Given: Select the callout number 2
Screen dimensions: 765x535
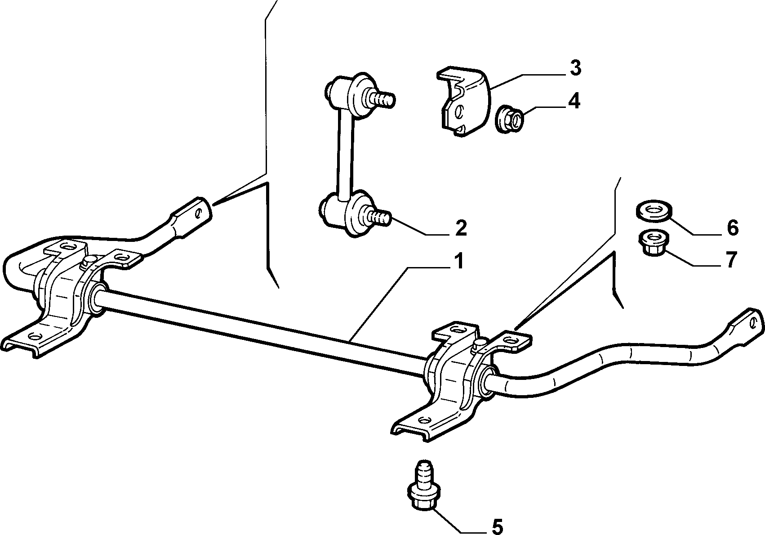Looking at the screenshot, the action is click(x=460, y=228).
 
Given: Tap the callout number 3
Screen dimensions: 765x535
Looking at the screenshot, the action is click(x=575, y=68).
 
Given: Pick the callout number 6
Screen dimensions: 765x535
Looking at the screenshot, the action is click(x=732, y=228).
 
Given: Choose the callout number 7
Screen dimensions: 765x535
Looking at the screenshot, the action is click(x=730, y=260).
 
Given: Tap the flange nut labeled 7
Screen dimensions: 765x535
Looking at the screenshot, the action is click(x=653, y=243).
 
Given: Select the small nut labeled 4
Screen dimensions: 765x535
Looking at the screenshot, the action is click(x=509, y=120).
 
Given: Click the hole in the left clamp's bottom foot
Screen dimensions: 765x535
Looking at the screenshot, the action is click(x=35, y=336).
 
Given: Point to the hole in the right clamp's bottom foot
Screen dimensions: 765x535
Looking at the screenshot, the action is click(x=424, y=419).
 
